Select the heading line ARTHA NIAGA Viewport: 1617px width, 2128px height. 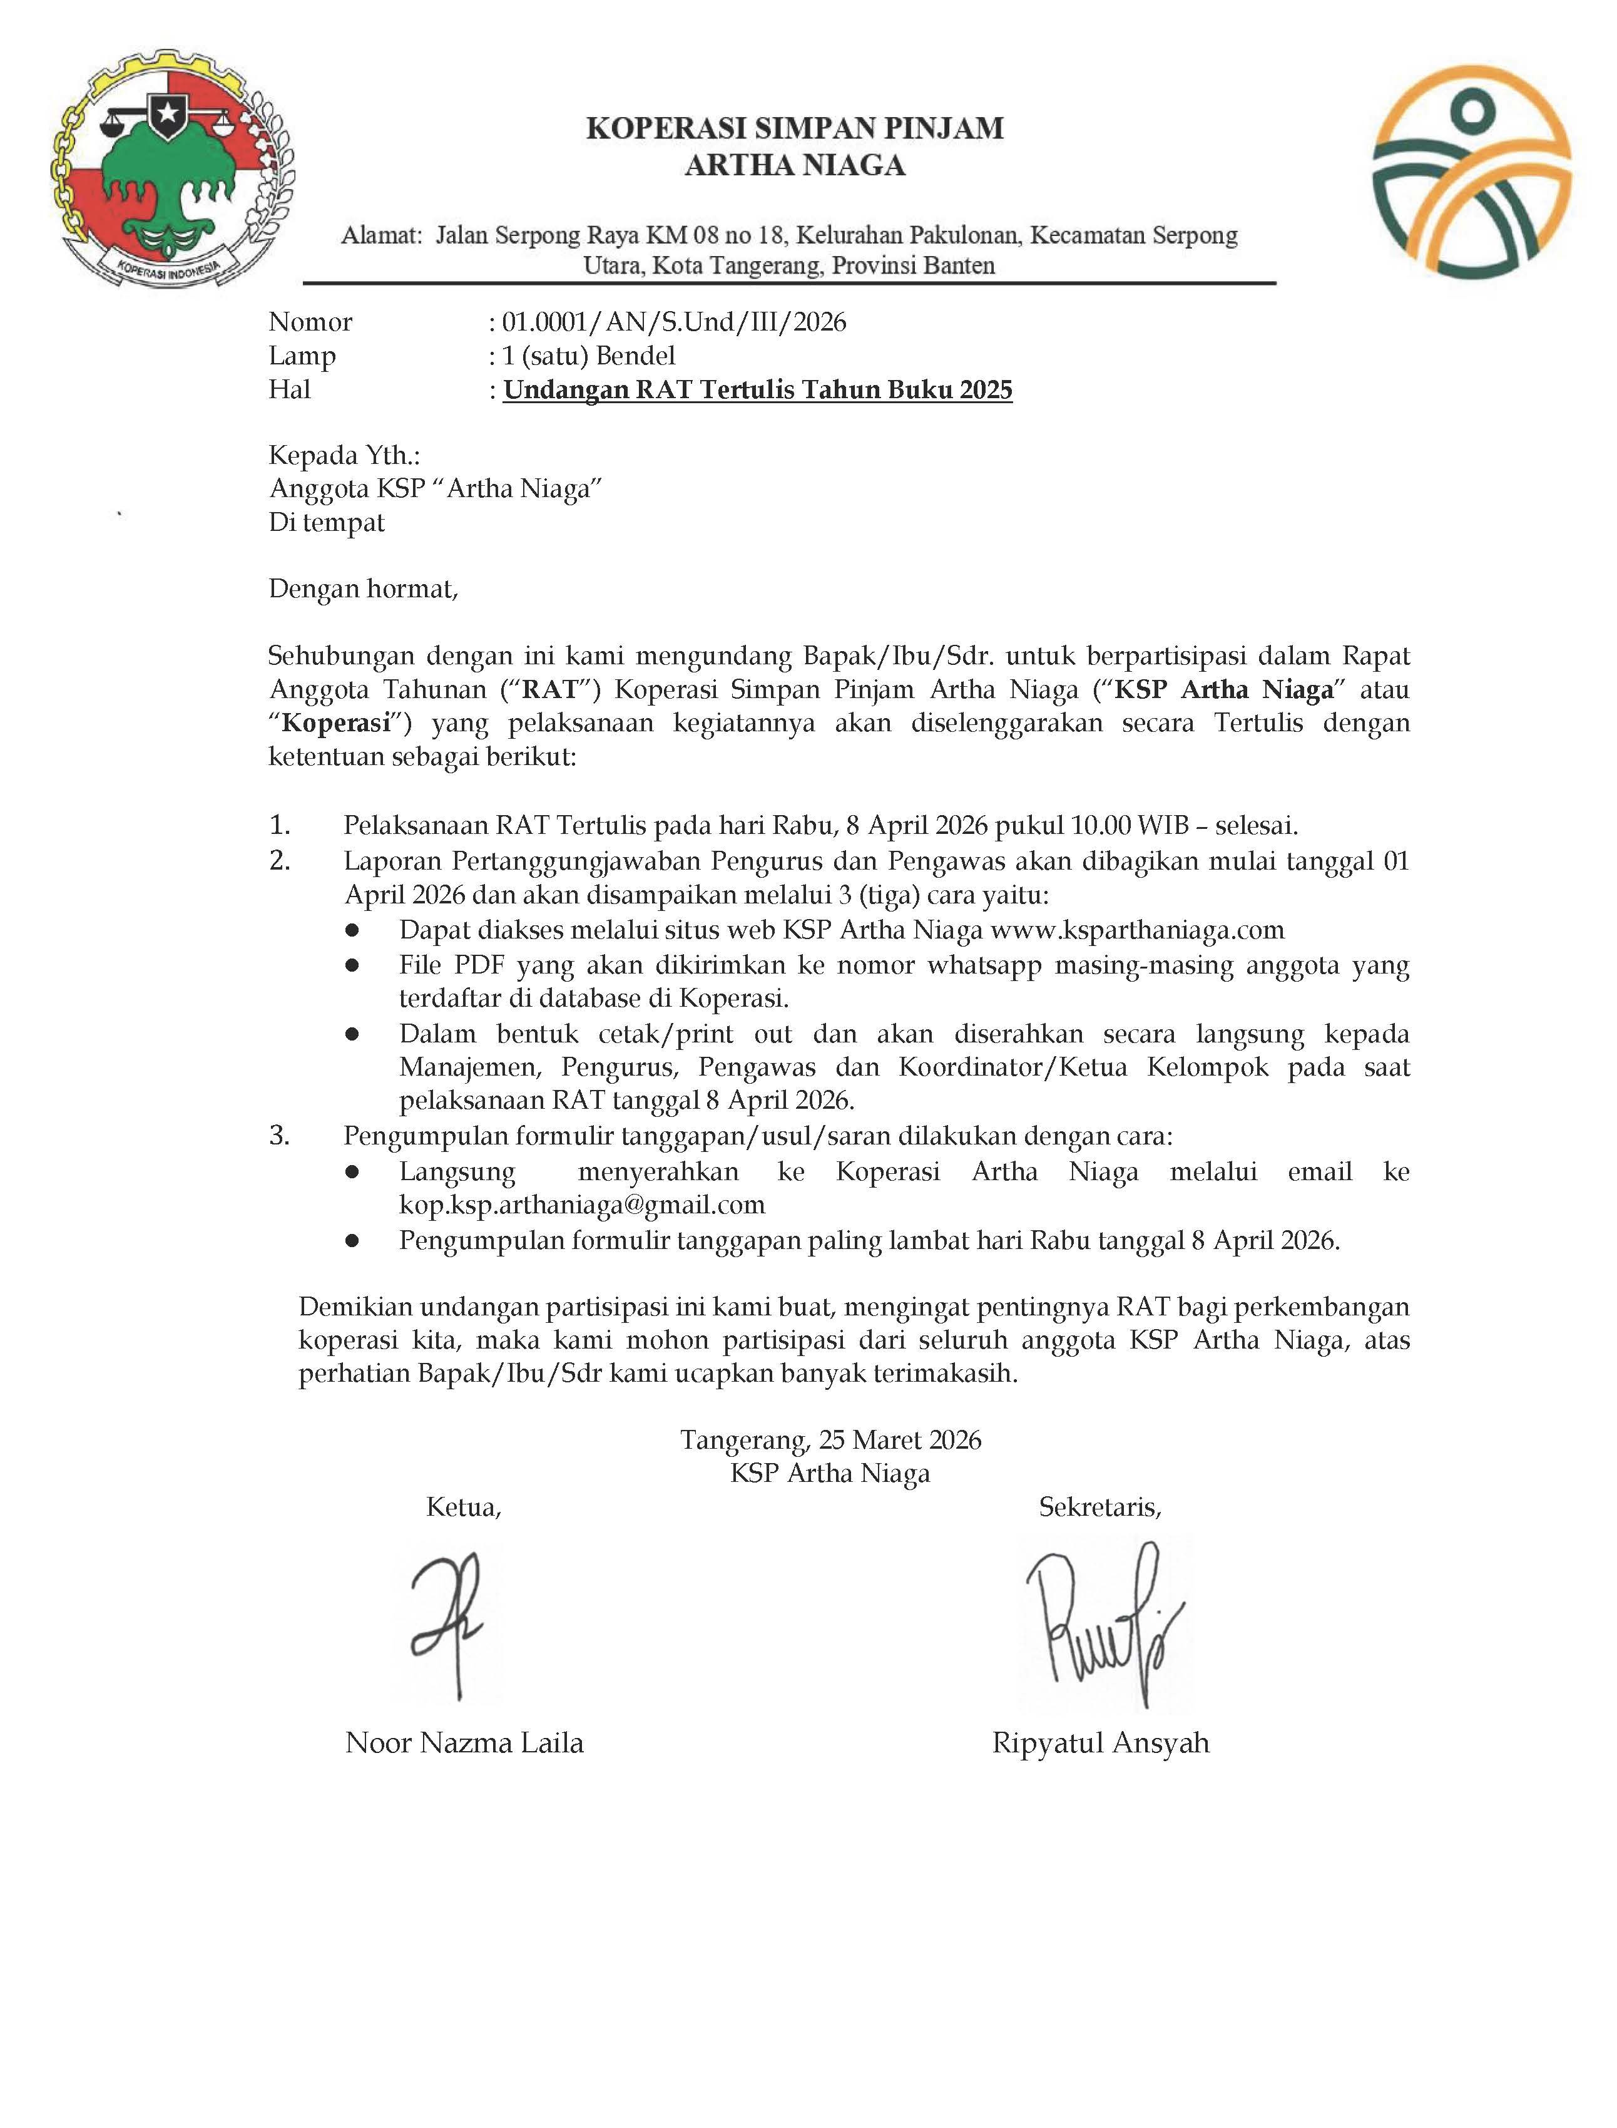[x=795, y=166]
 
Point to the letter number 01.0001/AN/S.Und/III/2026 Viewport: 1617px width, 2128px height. [x=674, y=322]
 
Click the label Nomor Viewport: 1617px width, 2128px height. [x=310, y=322]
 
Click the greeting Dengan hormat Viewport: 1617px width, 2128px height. [x=363, y=589]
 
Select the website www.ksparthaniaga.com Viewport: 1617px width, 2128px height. [x=1136, y=930]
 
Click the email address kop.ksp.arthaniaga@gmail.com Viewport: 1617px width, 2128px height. [x=583, y=1205]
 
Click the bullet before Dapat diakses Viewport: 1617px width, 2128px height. [x=352, y=930]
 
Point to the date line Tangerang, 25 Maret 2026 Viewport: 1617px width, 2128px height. [x=830, y=1441]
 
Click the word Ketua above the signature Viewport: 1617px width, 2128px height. [x=463, y=1508]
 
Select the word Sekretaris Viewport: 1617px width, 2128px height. [x=1099, y=1508]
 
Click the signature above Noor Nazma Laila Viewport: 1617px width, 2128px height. [x=447, y=1623]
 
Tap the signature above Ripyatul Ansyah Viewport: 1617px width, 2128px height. [x=1102, y=1623]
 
